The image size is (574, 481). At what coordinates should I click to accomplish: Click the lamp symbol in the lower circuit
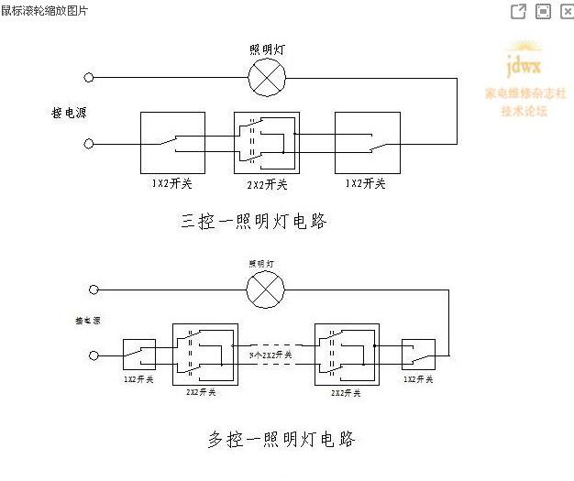click(x=266, y=291)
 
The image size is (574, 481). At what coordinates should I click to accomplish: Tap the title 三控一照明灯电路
click(x=254, y=221)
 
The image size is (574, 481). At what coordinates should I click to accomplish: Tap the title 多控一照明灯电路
click(x=280, y=440)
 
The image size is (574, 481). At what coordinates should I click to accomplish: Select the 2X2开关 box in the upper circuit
click(x=267, y=143)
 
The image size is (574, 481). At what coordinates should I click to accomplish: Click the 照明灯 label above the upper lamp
click(x=267, y=49)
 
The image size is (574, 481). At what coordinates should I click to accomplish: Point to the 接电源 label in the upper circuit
click(x=70, y=113)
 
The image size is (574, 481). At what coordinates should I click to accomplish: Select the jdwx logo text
click(x=524, y=67)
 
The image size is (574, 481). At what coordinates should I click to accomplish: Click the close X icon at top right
click(x=567, y=11)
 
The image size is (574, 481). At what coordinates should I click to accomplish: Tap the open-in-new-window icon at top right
click(x=518, y=11)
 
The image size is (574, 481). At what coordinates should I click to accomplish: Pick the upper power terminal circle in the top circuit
click(x=89, y=79)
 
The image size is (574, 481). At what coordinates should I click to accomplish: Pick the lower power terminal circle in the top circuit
click(x=89, y=144)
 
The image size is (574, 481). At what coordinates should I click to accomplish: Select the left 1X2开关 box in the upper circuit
click(x=172, y=143)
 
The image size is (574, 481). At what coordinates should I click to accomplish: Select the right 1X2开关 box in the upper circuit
click(x=368, y=143)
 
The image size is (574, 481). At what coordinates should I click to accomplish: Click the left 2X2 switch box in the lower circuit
click(x=205, y=352)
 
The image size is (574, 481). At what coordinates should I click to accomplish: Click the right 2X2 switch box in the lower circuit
click(x=346, y=352)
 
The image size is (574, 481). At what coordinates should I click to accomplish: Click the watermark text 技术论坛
click(x=524, y=111)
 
